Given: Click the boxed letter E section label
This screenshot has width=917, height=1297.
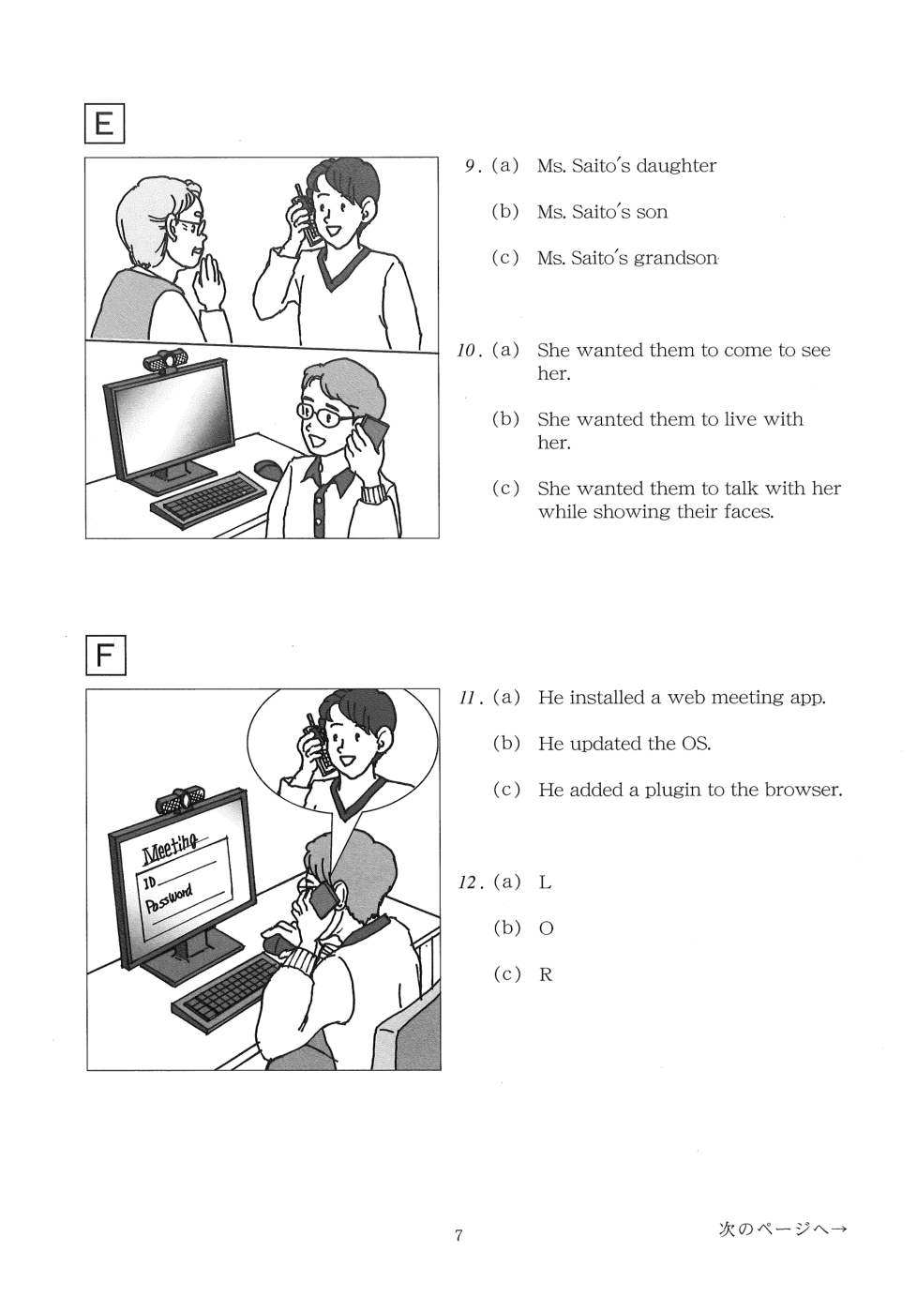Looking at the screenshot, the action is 105,124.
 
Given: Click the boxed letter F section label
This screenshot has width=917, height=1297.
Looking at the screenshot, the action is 105,656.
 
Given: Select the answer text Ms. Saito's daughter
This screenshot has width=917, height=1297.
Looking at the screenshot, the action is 626,166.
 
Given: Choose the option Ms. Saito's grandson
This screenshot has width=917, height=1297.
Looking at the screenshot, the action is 627,258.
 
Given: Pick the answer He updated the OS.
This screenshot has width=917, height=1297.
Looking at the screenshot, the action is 624,744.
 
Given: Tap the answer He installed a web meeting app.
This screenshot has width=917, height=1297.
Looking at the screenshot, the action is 682,698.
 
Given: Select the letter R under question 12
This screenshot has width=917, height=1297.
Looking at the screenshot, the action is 546,975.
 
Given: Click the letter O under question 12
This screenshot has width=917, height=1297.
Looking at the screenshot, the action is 546,928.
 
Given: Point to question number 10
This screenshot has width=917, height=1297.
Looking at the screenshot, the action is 466,351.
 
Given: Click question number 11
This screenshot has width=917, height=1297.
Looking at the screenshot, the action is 468,699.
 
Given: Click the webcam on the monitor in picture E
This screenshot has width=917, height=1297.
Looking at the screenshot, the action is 166,361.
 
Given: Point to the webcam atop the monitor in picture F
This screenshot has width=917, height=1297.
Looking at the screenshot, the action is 181,801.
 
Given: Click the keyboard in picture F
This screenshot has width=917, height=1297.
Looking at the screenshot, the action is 227,990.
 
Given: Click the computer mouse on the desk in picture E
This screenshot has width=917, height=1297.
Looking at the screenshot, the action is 267,468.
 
